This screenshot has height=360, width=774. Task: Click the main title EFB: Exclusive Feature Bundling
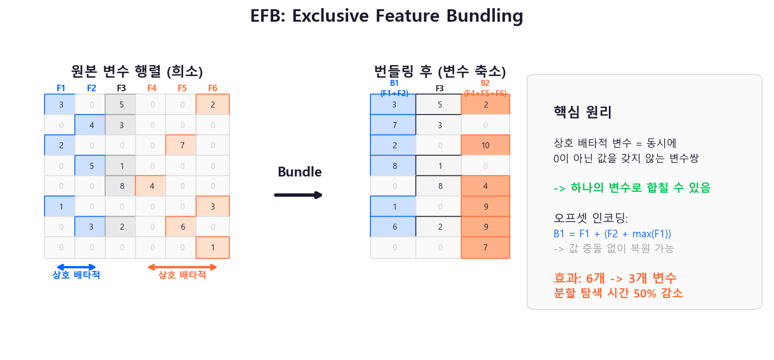point(386,16)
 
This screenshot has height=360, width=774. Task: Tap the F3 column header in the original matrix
point(121,88)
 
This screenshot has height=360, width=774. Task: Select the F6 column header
point(212,88)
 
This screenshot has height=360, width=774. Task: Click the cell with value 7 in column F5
point(182,146)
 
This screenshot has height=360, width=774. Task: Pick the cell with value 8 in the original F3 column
point(121,186)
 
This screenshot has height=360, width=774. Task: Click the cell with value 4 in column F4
point(152,186)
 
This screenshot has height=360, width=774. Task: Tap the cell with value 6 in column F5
point(182,227)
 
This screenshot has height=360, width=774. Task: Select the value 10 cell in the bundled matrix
point(486,146)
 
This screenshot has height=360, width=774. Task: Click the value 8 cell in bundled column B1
point(394,166)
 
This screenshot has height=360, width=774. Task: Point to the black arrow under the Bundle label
point(298,195)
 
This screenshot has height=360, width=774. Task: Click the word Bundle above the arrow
point(299,172)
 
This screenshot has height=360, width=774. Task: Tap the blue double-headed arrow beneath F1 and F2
point(76,267)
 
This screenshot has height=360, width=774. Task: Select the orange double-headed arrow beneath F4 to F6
point(183,267)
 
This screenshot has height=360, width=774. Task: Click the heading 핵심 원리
point(582,112)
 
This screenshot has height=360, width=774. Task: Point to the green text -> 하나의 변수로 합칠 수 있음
point(632,188)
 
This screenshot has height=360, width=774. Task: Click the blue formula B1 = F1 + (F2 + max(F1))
point(612,233)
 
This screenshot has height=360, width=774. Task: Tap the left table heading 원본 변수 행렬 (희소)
point(137,72)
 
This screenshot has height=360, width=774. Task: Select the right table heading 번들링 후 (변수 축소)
point(440,72)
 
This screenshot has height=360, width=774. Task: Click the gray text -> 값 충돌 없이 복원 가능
point(613,249)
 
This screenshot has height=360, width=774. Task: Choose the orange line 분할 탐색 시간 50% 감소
point(618,293)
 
